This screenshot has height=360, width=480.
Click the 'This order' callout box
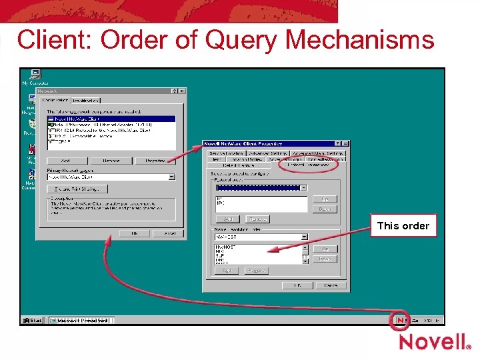click(x=403, y=225)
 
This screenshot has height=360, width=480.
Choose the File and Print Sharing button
click(x=74, y=190)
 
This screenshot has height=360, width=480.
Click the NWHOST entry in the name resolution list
click(x=227, y=247)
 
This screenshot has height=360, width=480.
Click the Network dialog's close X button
click(x=182, y=91)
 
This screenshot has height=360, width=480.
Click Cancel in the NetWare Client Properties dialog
click(x=331, y=285)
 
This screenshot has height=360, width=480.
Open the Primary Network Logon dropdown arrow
click(x=171, y=177)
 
